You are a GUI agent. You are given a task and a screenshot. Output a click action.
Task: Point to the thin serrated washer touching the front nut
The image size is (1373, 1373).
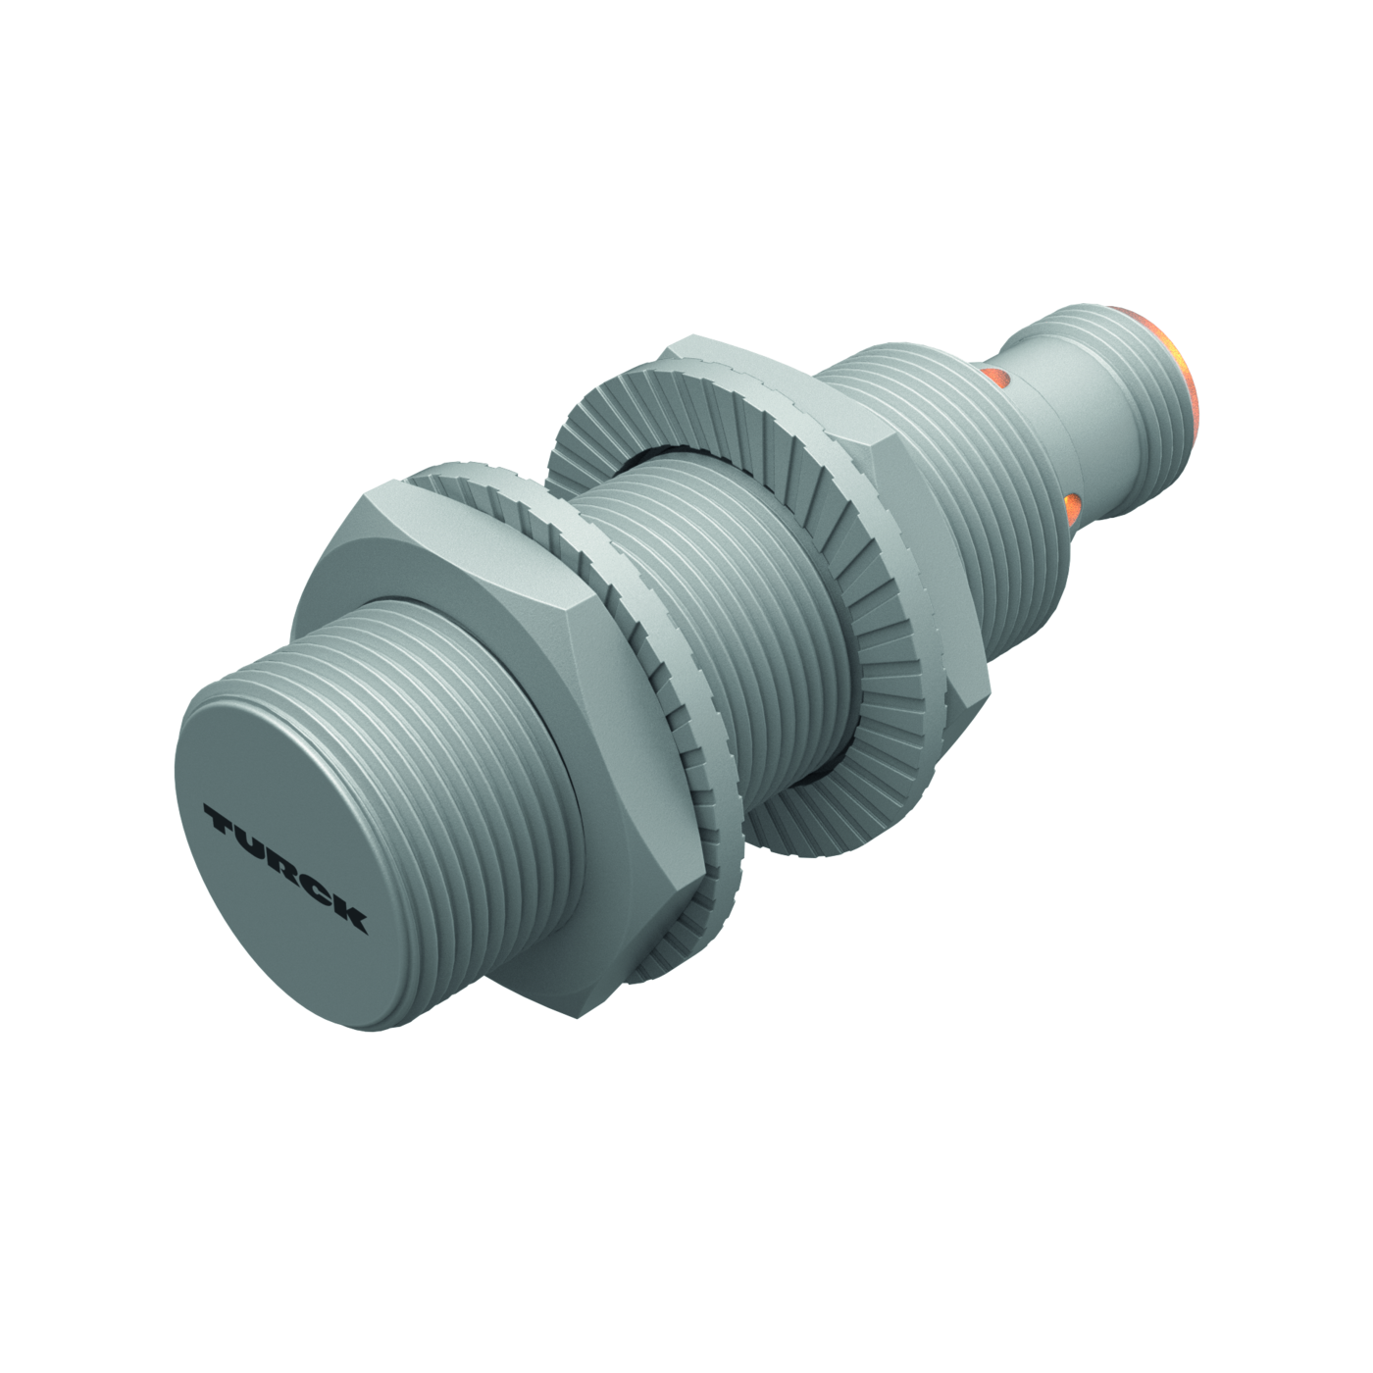(x=641, y=713)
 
